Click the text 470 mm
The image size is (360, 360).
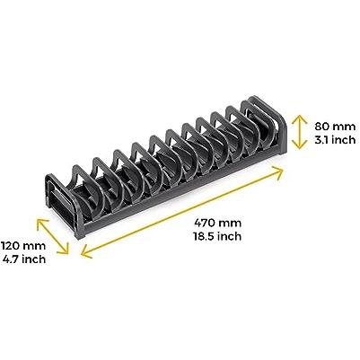pos(217,223)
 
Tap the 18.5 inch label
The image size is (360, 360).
pos(217,236)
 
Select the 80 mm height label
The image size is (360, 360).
pos(335,127)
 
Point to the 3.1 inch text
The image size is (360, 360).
pos(335,140)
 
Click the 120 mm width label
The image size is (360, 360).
pos(23,246)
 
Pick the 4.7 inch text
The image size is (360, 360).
pos(24,259)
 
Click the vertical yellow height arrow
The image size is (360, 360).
pos(299,132)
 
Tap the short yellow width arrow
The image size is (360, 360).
pos(53,236)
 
